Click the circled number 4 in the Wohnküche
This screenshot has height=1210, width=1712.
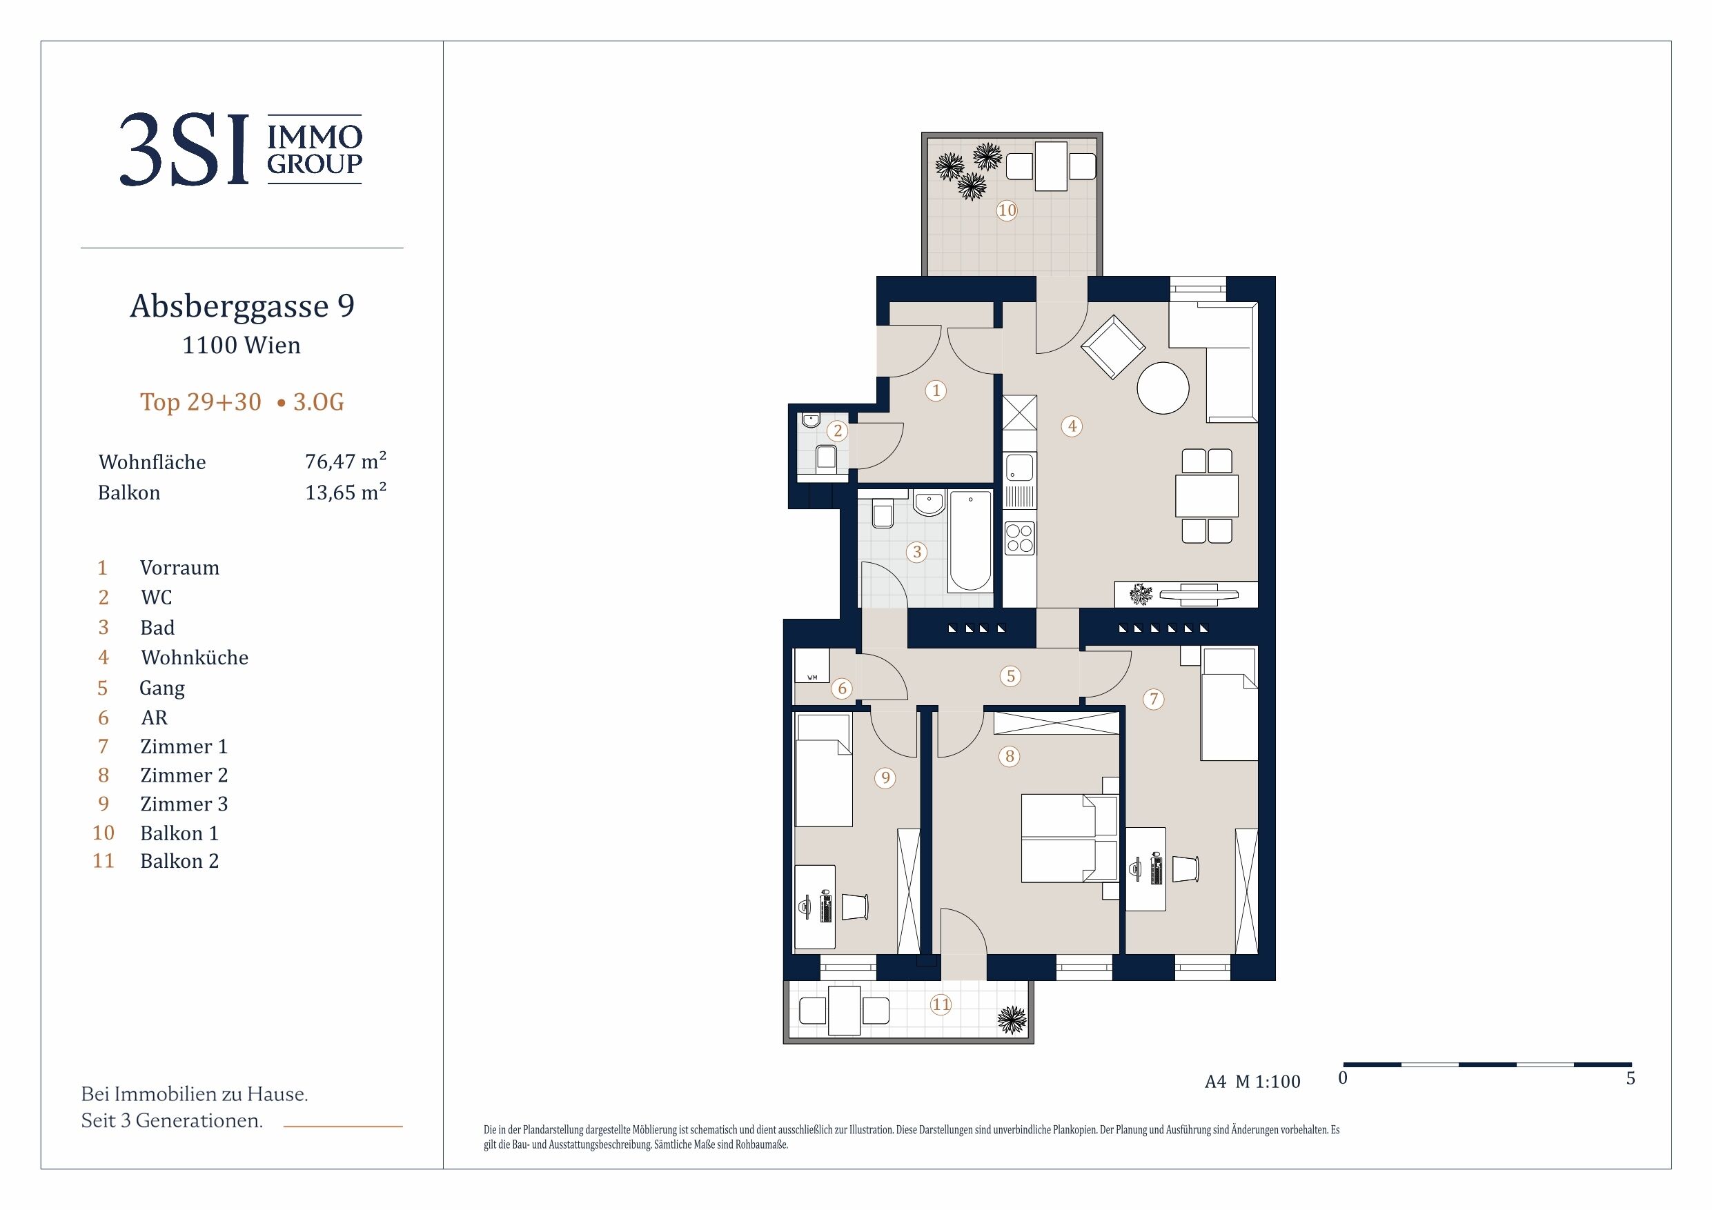click(1072, 426)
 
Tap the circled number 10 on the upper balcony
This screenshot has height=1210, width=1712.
click(1007, 210)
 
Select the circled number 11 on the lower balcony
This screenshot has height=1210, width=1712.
click(941, 1004)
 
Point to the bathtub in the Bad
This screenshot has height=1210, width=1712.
click(970, 542)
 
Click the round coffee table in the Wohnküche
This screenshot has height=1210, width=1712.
click(1163, 388)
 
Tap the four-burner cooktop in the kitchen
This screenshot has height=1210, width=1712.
click(1019, 538)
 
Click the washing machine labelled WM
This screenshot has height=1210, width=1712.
click(812, 666)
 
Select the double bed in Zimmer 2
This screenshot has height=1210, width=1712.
click(1070, 839)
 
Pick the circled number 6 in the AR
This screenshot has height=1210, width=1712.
click(843, 688)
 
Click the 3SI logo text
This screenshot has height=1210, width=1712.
click(184, 149)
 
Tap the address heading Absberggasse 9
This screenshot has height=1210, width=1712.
click(242, 306)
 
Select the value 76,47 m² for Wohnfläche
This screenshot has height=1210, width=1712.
click(345, 462)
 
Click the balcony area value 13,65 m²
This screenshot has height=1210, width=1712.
click(345, 492)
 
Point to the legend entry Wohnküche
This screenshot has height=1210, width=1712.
click(195, 657)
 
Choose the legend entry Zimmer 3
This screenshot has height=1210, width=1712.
click(184, 804)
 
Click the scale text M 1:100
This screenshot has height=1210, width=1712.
click(1268, 1082)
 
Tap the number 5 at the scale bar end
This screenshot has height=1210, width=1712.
click(1631, 1078)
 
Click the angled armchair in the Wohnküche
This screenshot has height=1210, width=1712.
click(1113, 348)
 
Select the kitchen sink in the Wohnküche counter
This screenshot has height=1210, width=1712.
click(1019, 468)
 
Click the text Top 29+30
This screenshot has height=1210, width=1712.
click(201, 402)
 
